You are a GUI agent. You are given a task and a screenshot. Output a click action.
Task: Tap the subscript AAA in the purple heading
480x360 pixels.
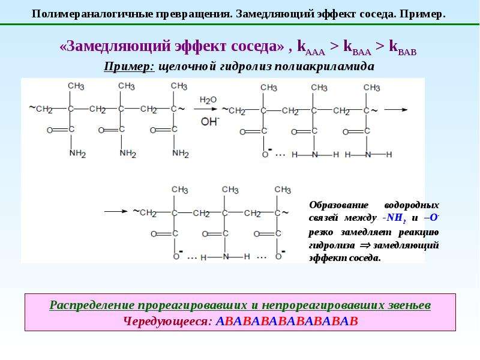pos(316,52)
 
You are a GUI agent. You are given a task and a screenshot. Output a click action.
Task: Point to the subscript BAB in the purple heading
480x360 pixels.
pos(407,52)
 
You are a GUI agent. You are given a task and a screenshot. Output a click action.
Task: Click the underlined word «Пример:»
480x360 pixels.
pos(129,67)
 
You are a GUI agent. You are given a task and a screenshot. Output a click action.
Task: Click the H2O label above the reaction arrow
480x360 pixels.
pos(208,100)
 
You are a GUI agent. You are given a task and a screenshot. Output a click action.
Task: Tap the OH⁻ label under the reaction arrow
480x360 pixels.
pos(210,122)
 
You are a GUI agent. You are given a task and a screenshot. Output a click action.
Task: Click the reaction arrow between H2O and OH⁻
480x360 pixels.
pos(205,109)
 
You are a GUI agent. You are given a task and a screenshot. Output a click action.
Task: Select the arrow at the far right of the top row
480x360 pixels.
pos(396,110)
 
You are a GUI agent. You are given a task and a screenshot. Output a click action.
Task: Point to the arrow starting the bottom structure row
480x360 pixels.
pos(116,211)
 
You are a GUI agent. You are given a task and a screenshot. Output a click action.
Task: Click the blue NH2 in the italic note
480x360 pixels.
pos(396,218)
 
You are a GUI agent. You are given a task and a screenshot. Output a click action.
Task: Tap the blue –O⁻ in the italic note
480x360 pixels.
pos(431,218)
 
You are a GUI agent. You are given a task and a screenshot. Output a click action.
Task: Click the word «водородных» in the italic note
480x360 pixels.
pos(412,205)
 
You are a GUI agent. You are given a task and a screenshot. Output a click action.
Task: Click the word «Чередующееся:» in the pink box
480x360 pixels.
pos(168,322)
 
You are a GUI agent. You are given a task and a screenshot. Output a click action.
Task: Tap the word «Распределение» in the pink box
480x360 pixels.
pos(92,305)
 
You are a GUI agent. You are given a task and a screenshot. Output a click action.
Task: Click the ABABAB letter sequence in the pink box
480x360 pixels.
pos(287,321)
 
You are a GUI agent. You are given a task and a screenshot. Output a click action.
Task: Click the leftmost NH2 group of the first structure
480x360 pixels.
pos(77,153)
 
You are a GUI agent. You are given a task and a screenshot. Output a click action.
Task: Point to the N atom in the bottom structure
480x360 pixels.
pos(226,257)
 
